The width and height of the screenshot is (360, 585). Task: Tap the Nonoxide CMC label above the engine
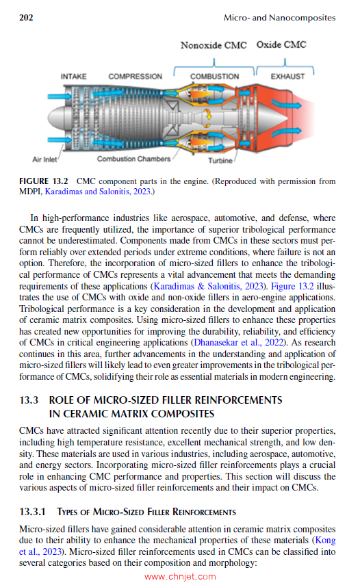(x=213, y=45)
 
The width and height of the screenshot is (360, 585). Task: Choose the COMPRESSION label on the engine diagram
(x=135, y=76)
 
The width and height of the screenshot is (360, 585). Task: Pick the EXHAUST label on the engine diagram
(x=287, y=76)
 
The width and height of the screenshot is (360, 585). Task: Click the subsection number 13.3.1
(x=34, y=512)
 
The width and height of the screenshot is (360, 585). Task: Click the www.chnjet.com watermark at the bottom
(x=181, y=576)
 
